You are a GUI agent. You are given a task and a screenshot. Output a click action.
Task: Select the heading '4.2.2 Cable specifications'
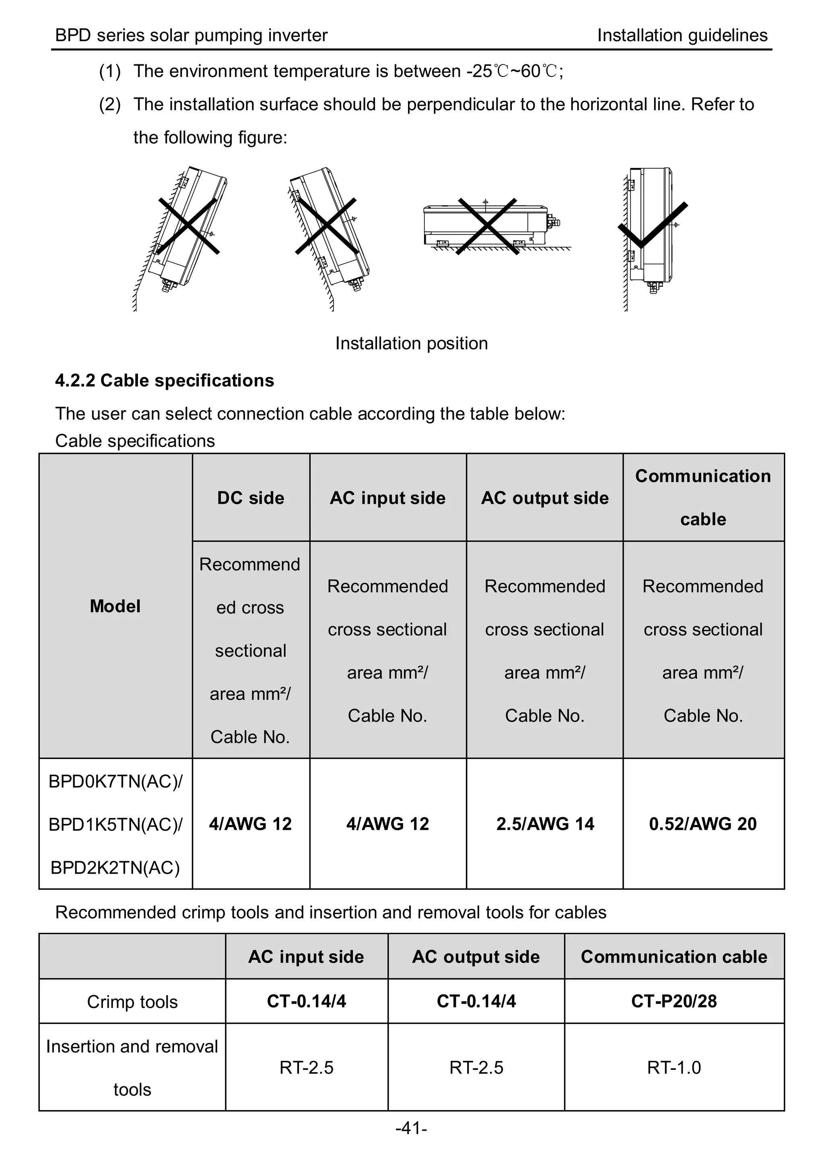(x=165, y=381)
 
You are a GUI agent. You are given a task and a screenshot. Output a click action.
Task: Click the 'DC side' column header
(x=251, y=498)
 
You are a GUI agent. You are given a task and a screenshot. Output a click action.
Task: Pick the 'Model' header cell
(x=115, y=606)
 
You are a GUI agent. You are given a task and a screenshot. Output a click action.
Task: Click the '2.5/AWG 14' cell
(x=545, y=823)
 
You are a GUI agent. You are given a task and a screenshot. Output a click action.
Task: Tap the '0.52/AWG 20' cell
(x=703, y=823)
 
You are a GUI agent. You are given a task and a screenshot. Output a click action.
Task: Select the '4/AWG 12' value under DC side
(x=251, y=823)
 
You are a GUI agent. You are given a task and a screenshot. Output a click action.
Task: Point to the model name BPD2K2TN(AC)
(x=115, y=868)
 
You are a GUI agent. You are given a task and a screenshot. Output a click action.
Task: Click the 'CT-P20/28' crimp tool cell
(x=674, y=1001)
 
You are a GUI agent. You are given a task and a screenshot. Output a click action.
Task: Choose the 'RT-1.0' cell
(x=674, y=1067)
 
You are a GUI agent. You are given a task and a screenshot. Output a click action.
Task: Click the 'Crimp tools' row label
(x=132, y=1002)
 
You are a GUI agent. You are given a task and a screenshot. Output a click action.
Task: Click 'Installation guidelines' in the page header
(x=682, y=35)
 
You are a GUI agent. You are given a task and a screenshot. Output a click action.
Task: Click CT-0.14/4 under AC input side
(x=307, y=1001)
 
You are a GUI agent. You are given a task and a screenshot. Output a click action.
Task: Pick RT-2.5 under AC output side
(x=476, y=1067)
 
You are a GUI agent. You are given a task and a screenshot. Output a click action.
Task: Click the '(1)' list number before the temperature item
(x=109, y=71)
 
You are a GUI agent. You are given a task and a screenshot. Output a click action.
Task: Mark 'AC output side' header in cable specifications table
(x=545, y=498)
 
